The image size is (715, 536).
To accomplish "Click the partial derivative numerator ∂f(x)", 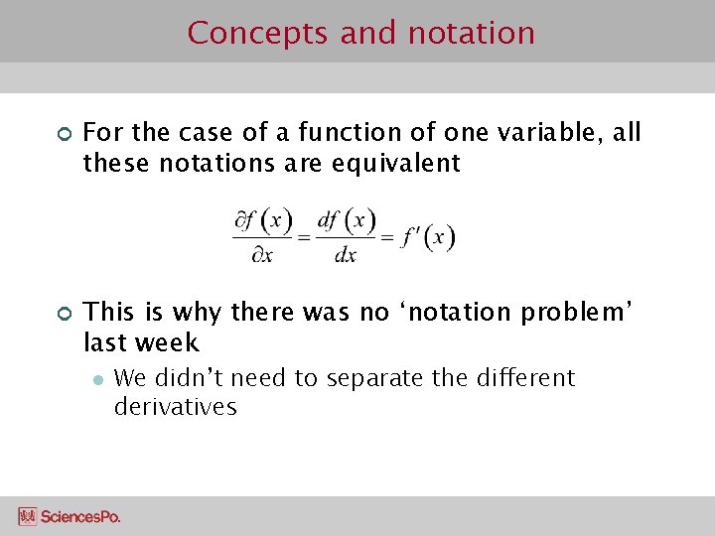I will tap(263, 220).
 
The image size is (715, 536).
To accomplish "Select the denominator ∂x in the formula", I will tap(262, 254).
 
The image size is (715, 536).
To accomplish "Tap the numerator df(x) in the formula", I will tap(346, 220).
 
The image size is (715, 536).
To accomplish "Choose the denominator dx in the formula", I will tap(345, 254).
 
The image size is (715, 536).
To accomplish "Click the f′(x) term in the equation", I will tap(427, 237).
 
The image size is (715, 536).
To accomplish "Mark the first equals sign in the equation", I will tap(304, 238).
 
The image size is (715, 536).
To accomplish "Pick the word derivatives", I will tap(176, 407).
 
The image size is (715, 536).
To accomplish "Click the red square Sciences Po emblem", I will tap(28, 516).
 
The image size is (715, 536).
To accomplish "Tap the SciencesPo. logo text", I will tap(80, 516).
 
